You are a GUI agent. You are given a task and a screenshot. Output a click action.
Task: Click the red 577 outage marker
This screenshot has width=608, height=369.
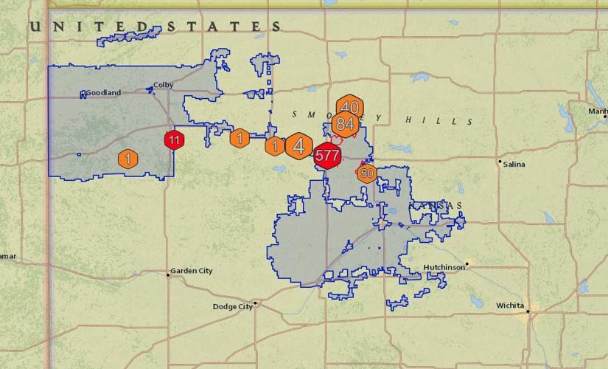(x=326, y=156)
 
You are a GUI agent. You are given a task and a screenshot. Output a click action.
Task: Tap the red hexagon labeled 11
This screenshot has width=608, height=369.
(x=174, y=139)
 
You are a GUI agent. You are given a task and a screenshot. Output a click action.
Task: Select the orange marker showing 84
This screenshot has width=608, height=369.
(x=344, y=124)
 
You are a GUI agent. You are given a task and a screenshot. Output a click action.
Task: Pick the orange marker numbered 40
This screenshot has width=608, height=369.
(x=349, y=107)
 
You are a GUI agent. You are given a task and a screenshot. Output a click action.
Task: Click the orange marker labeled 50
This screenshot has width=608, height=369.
(x=366, y=173)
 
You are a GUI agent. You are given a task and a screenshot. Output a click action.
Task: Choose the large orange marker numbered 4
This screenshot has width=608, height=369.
(x=298, y=145)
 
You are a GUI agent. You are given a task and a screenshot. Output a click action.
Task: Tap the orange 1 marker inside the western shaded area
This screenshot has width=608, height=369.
(x=127, y=159)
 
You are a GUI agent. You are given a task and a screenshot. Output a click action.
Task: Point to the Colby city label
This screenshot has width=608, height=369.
(x=163, y=85)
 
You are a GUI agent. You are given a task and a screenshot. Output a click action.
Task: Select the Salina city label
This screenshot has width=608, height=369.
(x=514, y=165)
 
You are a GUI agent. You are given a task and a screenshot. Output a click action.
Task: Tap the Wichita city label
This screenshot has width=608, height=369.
(x=510, y=305)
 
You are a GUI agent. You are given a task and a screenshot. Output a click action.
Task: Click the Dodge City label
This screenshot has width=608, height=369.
(x=232, y=307)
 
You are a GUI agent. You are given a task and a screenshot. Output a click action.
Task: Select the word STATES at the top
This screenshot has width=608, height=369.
(x=225, y=27)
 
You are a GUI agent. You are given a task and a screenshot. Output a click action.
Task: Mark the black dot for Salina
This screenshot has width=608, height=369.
(x=500, y=161)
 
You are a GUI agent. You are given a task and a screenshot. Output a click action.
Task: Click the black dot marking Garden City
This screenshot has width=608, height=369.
(x=168, y=275)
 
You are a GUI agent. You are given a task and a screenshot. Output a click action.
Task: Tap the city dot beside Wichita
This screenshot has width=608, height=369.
(x=528, y=311)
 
